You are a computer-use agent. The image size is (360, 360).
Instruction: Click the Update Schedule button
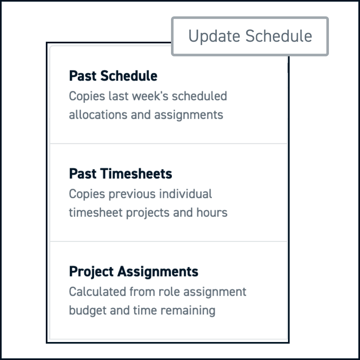pyautogui.click(x=250, y=36)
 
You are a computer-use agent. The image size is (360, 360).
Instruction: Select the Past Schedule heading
pyautogui.click(x=113, y=76)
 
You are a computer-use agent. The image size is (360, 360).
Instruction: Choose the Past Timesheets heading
pyautogui.click(x=121, y=173)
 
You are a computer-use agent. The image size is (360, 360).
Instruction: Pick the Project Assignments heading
pyautogui.click(x=134, y=272)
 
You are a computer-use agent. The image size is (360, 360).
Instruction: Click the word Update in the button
pyautogui.click(x=214, y=36)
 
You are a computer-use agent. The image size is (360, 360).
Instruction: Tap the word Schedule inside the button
pyautogui.click(x=279, y=36)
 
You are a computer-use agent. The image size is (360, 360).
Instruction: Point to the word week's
pyautogui.click(x=150, y=96)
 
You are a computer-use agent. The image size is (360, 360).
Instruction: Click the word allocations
pyautogui.click(x=98, y=115)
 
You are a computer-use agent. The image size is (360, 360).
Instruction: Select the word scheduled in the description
pyautogui.click(x=200, y=96)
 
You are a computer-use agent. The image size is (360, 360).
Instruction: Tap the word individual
pyautogui.click(x=185, y=194)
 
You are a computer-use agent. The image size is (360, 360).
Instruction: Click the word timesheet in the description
pyautogui.click(x=96, y=213)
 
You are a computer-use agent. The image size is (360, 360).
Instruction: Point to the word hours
pyautogui.click(x=212, y=213)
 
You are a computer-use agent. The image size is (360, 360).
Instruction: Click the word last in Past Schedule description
pyautogui.click(x=119, y=96)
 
